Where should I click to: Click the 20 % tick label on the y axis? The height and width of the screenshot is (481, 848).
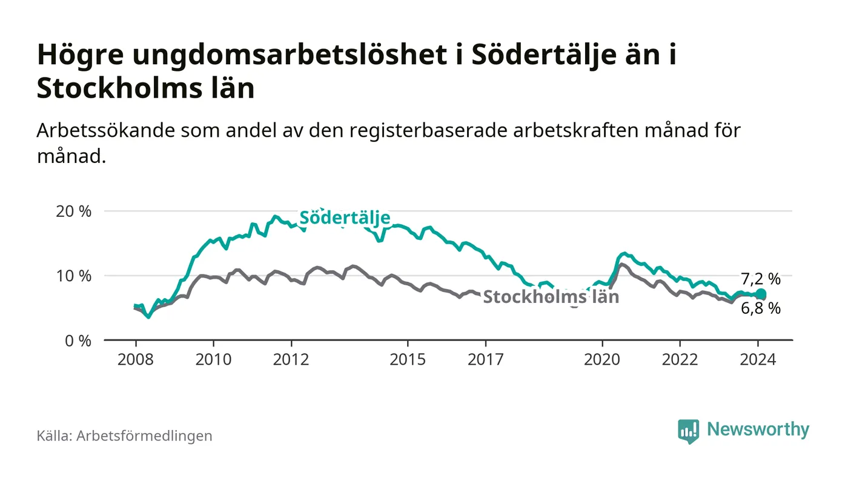(x=75, y=211)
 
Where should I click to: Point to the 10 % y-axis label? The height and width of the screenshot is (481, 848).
(x=75, y=276)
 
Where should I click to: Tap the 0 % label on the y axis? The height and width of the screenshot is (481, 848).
(x=78, y=340)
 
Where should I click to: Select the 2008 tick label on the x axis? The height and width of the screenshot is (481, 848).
(x=135, y=359)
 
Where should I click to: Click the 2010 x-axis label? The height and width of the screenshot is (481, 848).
(x=213, y=359)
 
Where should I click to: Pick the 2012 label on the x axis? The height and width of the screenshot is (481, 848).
(x=291, y=359)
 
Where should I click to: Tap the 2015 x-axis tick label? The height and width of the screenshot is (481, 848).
(x=408, y=359)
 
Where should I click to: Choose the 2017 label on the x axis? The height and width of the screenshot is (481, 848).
(x=486, y=359)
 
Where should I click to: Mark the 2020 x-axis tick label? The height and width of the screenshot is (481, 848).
(x=603, y=359)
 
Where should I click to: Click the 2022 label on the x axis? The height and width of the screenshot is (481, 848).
(x=680, y=359)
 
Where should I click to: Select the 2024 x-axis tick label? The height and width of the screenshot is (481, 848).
(x=758, y=359)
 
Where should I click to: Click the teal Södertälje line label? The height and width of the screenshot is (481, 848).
(x=345, y=218)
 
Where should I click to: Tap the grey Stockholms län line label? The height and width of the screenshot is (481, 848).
(x=551, y=297)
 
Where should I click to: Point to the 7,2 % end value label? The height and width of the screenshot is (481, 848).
(x=761, y=279)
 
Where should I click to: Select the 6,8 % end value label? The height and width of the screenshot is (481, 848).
(x=761, y=309)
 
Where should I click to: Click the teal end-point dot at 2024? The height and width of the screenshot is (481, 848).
(x=761, y=294)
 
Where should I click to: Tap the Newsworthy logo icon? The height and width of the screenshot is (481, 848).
(x=688, y=431)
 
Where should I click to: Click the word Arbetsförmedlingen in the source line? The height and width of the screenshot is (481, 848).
(x=144, y=436)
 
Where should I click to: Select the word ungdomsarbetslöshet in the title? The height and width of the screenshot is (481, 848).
(x=283, y=56)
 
